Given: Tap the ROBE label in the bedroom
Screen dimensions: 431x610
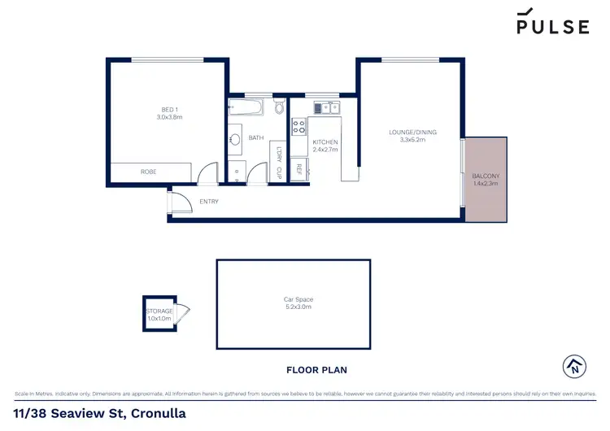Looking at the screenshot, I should pos(148,172).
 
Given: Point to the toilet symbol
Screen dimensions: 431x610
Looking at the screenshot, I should pos(279,107).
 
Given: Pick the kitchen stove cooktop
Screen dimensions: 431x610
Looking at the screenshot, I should pos(298,127).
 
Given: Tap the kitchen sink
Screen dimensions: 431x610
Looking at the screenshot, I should pos(324,107).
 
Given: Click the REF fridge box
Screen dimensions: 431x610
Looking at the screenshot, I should pos(298,169).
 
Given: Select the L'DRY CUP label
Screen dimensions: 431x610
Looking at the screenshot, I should pos(277,159).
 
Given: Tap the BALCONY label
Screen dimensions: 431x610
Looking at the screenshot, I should pos(486,176).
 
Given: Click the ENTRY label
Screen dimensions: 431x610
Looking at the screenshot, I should pos(208,202).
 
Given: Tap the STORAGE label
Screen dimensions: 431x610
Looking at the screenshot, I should pos(159,311).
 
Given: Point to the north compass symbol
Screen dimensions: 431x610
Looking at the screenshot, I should pos(574,366).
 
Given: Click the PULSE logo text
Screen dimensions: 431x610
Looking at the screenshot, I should pos(552,27).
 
